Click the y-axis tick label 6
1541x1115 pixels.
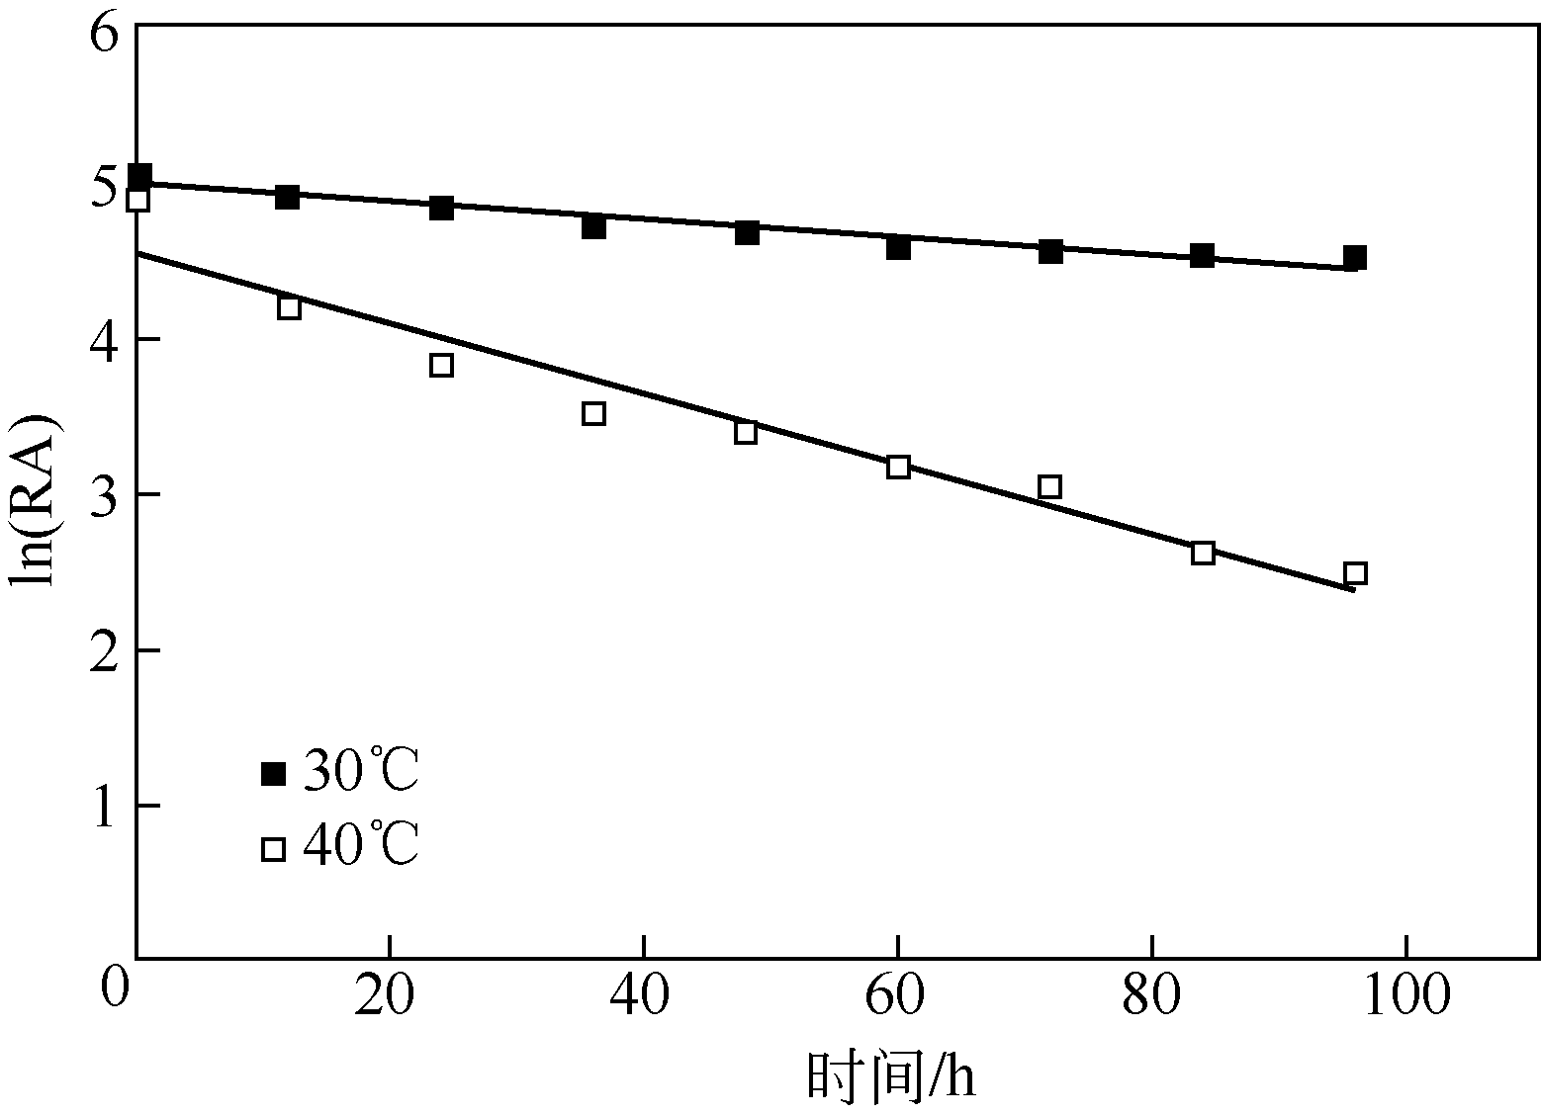click(x=105, y=33)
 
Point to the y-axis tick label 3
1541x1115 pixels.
click(x=105, y=494)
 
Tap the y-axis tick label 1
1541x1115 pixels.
click(x=105, y=806)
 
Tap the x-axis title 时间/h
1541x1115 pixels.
click(x=891, y=1075)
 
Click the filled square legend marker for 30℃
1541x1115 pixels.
click(x=273, y=774)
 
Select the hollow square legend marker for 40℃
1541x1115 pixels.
click(x=273, y=848)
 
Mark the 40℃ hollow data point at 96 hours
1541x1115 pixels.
click(x=1355, y=573)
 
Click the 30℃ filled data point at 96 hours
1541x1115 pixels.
click(x=1355, y=258)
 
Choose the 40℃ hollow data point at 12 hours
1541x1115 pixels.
click(x=289, y=307)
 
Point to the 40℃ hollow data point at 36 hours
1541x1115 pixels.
click(x=593, y=413)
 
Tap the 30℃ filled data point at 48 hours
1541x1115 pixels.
click(x=747, y=233)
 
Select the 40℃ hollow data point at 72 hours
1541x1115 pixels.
click(x=1050, y=486)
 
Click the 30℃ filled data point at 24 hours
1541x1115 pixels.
click(x=442, y=208)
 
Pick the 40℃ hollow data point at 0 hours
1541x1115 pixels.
click(x=138, y=200)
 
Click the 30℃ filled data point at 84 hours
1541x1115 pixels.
click(x=1203, y=255)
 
